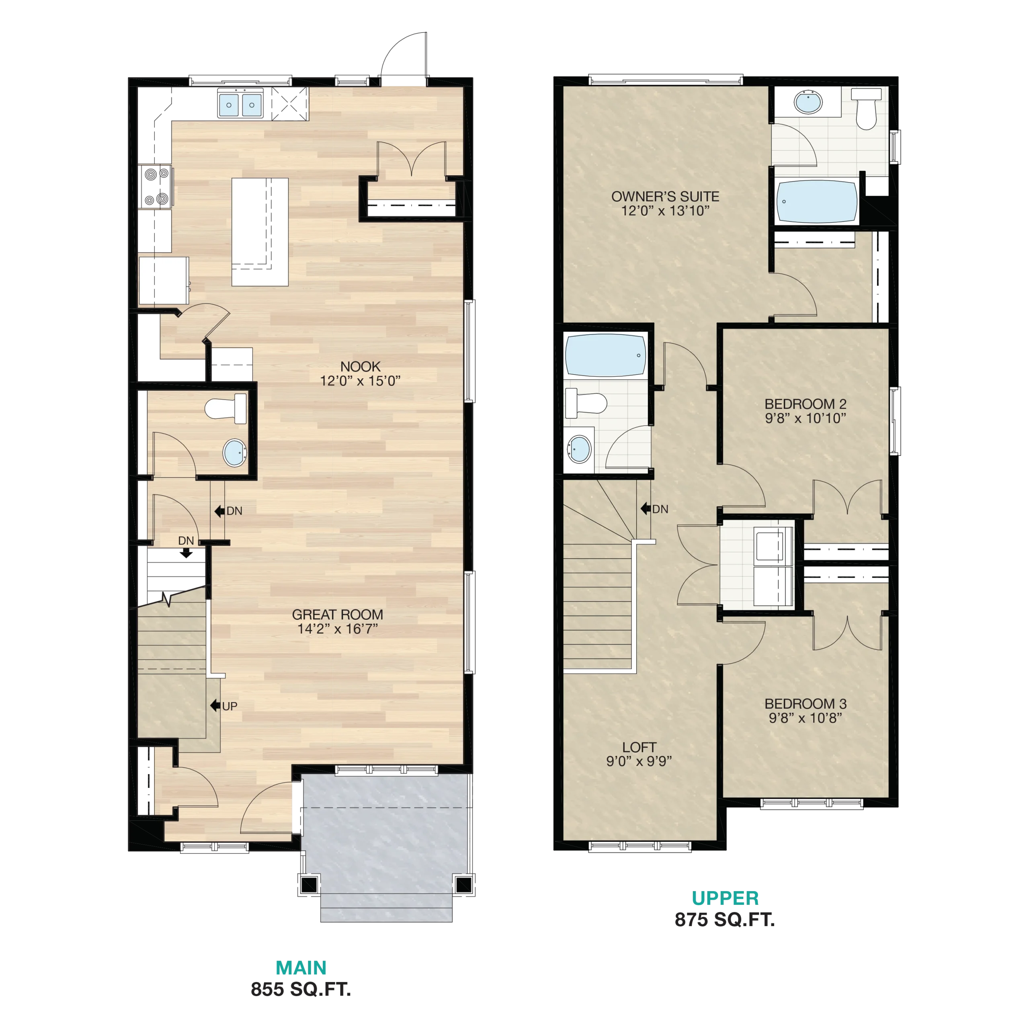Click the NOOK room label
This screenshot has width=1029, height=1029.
point(361,367)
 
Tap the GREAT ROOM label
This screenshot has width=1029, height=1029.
point(337,614)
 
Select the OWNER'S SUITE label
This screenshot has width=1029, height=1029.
point(665,197)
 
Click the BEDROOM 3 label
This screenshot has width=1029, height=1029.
point(805,703)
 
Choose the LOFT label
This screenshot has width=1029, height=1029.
point(639,747)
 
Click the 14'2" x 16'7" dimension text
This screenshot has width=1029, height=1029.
point(337,629)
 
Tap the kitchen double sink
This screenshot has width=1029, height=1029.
point(240,104)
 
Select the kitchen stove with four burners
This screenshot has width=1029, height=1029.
point(156,187)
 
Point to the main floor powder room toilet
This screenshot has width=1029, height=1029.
point(226,408)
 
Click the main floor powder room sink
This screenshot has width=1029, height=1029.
point(234,453)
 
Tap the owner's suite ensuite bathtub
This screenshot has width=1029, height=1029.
point(816,202)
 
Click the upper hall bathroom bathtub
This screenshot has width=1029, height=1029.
point(606,355)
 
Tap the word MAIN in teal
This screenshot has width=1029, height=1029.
point(301,967)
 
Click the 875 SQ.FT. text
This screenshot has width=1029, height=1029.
point(724,920)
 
